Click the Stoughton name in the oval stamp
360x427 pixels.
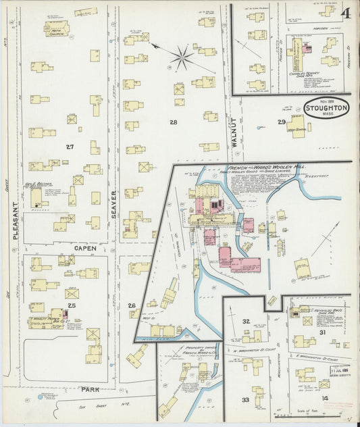tap(326, 107)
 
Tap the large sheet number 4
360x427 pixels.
tap(346, 13)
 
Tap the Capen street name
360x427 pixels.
tap(85, 248)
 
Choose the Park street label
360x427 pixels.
tap(91, 389)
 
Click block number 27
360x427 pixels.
tap(70, 147)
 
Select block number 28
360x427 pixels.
tap(174, 122)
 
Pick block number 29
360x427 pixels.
tap(281, 122)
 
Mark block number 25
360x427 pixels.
tap(72, 305)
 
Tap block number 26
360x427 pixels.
tap(132, 305)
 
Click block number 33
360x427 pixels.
tap(246, 400)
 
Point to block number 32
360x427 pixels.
tap(247, 321)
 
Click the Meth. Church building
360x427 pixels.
tap(56, 28)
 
